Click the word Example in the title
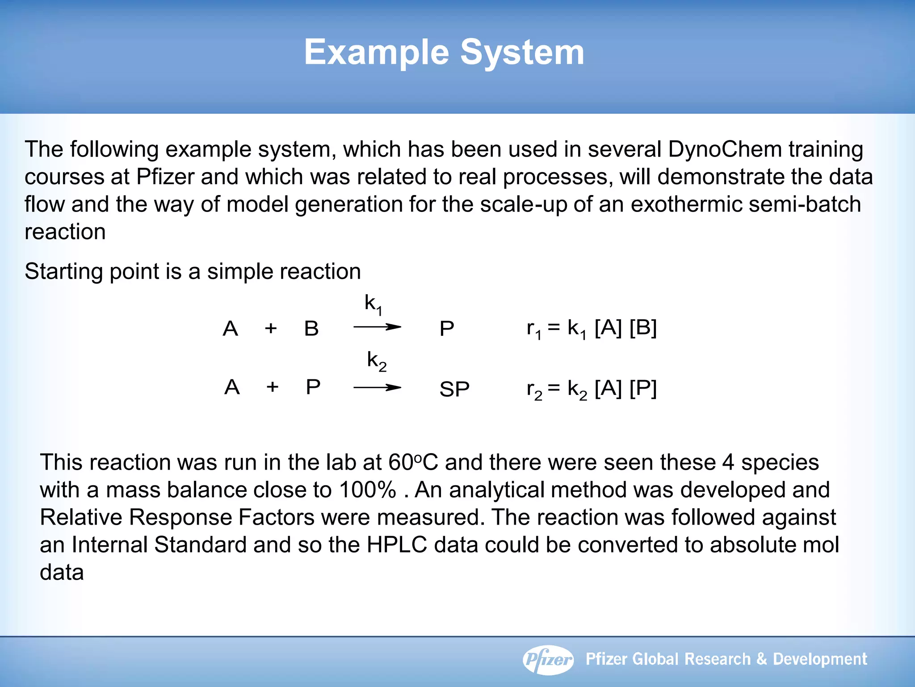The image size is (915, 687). [x=376, y=52]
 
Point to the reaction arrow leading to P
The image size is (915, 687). [x=378, y=327]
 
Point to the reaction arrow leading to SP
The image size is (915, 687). [x=378, y=387]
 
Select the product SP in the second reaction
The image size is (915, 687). [x=454, y=389]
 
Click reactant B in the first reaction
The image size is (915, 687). [x=311, y=329]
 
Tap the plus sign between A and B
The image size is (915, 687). [x=271, y=329]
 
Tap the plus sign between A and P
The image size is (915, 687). [x=273, y=386]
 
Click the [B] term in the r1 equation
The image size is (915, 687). [x=642, y=328]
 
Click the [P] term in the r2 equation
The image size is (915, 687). [x=642, y=388]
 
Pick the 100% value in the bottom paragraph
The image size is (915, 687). [x=367, y=490]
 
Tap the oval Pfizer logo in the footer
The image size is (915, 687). [x=548, y=659]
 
